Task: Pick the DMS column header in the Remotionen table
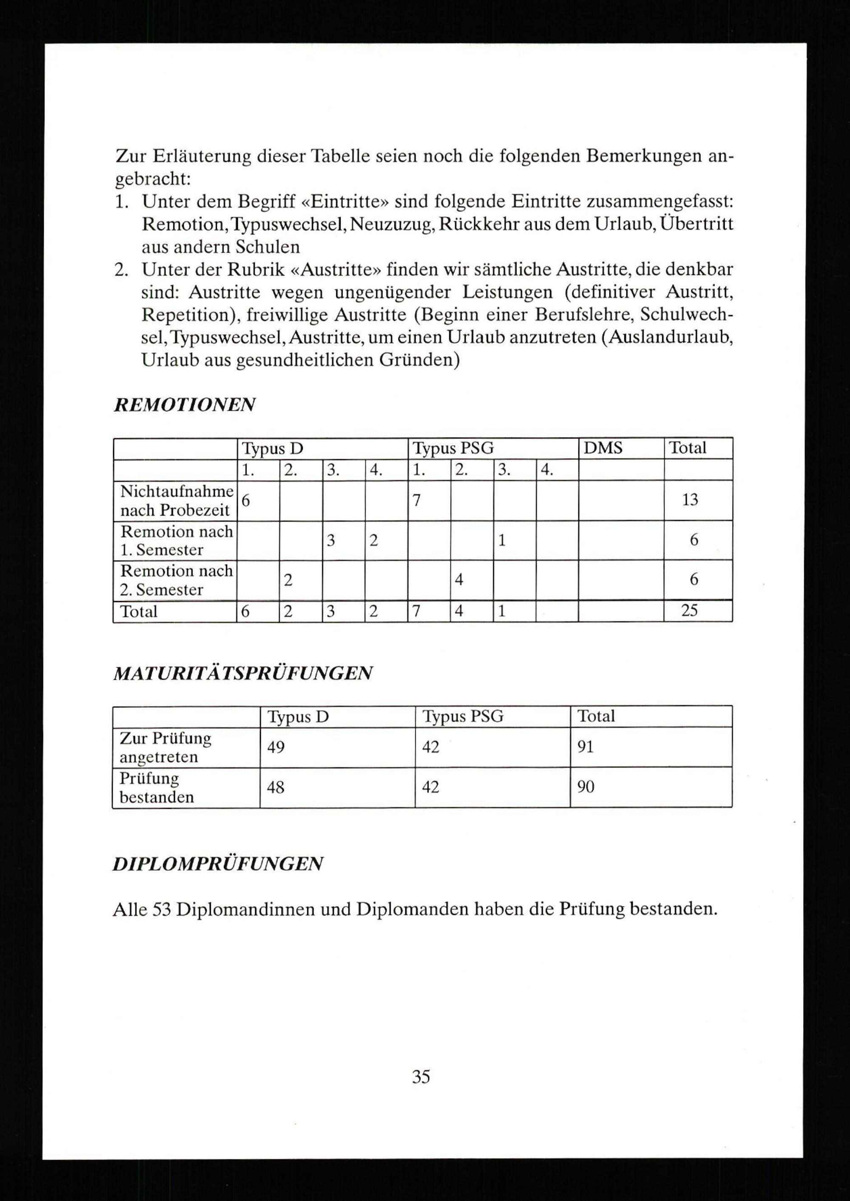tap(603, 448)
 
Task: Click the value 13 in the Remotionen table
tap(690, 500)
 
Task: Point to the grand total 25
tap(689, 610)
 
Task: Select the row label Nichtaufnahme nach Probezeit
tap(176, 500)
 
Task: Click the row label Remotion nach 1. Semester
tap(176, 540)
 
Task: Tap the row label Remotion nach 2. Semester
tap(176, 580)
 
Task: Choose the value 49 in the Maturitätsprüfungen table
tap(276, 747)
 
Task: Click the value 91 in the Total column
tap(585, 747)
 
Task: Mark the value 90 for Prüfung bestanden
tap(585, 787)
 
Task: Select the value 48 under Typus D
tap(276, 787)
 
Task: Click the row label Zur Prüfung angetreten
tap(165, 747)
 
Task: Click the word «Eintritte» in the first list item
tap(345, 201)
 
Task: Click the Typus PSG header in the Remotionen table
tap(453, 448)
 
